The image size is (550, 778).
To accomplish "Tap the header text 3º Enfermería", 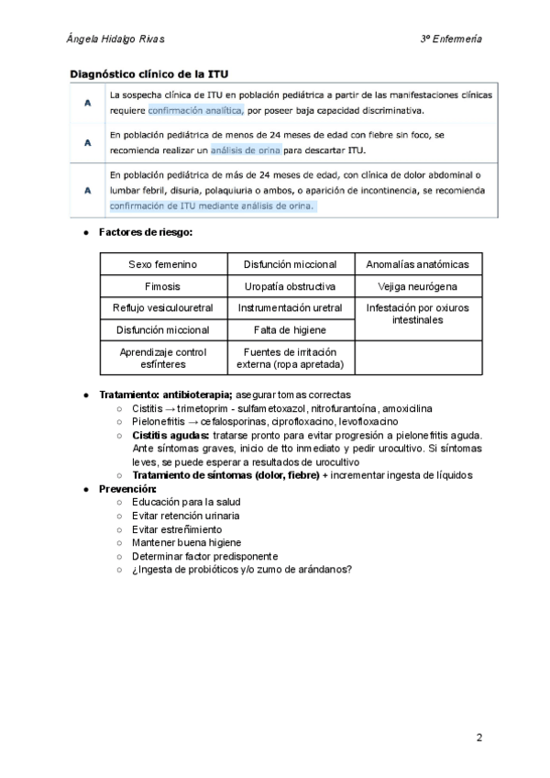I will (451, 39).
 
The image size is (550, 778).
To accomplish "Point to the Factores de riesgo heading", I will (146, 234).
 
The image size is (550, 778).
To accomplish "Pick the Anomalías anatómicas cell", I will (417, 264).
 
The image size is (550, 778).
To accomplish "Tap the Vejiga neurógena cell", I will (417, 286).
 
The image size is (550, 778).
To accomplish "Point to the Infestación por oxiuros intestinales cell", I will (417, 315).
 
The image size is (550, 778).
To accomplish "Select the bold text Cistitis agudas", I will (170, 435).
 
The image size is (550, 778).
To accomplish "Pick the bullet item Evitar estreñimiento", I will (177, 529).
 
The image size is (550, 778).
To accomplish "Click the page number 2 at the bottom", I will (478, 737).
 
